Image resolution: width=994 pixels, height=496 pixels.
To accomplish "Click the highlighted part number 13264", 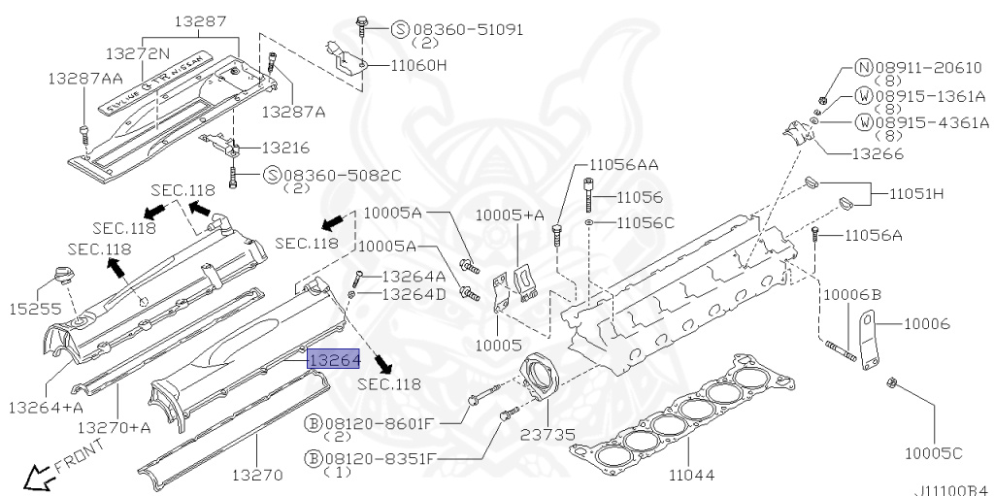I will pyautogui.click(x=334, y=359).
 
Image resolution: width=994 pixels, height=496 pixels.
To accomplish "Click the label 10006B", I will pyautogui.click(x=852, y=294).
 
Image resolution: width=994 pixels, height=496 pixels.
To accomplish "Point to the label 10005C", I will pyautogui.click(x=934, y=453).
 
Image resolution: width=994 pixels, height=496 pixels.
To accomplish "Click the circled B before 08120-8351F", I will pyautogui.click(x=313, y=456).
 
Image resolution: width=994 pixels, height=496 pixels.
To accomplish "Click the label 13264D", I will pyautogui.click(x=414, y=294).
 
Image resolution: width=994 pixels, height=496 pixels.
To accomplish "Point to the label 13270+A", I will pyautogui.click(x=115, y=427).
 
